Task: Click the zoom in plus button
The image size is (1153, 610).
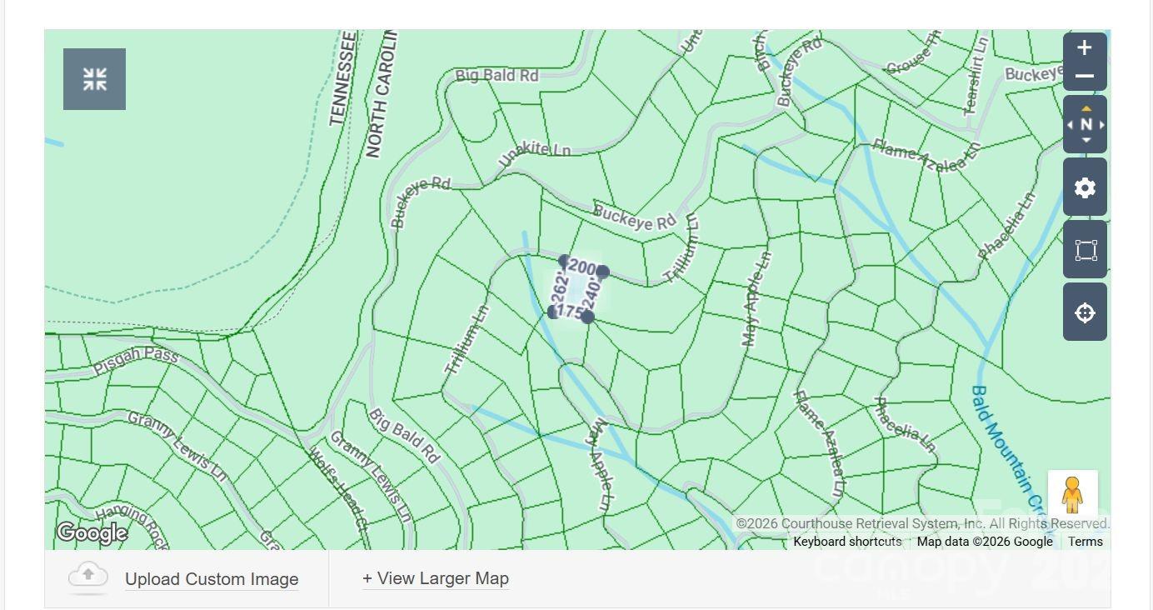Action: pyautogui.click(x=1084, y=48)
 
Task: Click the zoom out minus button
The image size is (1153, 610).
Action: pyautogui.click(x=1084, y=77)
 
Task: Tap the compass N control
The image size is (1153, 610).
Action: pyautogui.click(x=1085, y=124)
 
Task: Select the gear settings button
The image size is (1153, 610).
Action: pyautogui.click(x=1085, y=187)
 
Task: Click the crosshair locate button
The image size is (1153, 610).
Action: pyautogui.click(x=1085, y=312)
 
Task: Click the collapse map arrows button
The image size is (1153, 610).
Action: pyautogui.click(x=94, y=79)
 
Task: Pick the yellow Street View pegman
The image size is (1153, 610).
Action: pyautogui.click(x=1072, y=495)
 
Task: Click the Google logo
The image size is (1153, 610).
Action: pyautogui.click(x=92, y=532)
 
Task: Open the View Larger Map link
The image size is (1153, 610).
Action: pyautogui.click(x=435, y=578)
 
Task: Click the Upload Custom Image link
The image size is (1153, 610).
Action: pyautogui.click(x=212, y=579)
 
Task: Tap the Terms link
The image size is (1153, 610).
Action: pyautogui.click(x=1085, y=542)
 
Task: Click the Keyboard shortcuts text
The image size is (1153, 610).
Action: pyautogui.click(x=847, y=542)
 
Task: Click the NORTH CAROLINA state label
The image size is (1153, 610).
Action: pyautogui.click(x=379, y=96)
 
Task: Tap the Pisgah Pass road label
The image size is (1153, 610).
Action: pyautogui.click(x=136, y=361)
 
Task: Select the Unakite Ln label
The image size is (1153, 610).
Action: pyautogui.click(x=534, y=152)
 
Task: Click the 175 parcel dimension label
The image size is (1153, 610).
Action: pyautogui.click(x=569, y=312)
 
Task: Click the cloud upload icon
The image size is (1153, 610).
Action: pyautogui.click(x=88, y=577)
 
